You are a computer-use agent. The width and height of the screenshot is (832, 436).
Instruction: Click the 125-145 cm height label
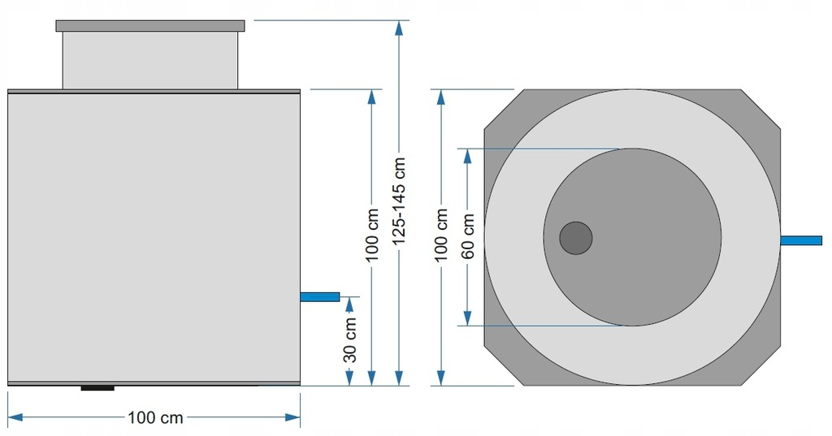[x=400, y=201]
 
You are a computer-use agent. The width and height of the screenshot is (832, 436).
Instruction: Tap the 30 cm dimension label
[x=350, y=339]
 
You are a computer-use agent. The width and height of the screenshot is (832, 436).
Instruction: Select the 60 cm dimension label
[x=468, y=236]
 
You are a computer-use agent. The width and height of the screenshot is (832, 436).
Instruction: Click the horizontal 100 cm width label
[x=155, y=417]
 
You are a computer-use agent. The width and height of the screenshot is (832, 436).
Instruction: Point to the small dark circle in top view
[x=576, y=238]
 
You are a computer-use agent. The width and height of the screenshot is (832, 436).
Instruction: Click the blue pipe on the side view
[x=320, y=296]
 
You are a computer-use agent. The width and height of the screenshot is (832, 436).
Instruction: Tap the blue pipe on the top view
[x=800, y=240]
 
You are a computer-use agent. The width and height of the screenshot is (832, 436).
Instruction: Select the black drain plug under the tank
[x=97, y=388]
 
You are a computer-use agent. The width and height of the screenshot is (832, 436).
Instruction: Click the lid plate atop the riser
[x=150, y=26]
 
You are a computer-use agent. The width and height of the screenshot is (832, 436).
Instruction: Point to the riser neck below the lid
[x=150, y=60]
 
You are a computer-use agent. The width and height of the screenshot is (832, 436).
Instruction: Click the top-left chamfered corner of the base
[x=504, y=109]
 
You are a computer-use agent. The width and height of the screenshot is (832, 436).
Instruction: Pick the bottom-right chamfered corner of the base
[x=760, y=366]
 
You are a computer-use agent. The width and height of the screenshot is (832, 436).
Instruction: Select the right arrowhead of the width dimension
[x=292, y=417]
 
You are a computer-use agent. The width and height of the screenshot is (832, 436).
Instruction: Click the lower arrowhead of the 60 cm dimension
[x=467, y=317]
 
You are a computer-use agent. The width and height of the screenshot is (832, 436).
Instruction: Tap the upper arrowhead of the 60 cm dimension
[x=467, y=157]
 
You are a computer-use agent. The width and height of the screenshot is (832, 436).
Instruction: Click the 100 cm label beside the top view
[x=441, y=234]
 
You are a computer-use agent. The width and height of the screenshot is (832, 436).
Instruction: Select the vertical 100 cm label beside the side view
[x=372, y=235]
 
